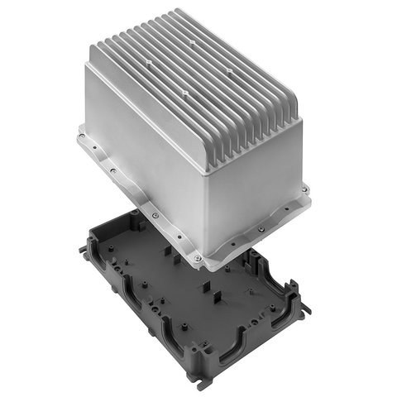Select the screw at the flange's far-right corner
click(306, 191)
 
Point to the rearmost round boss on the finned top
click(191, 39)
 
